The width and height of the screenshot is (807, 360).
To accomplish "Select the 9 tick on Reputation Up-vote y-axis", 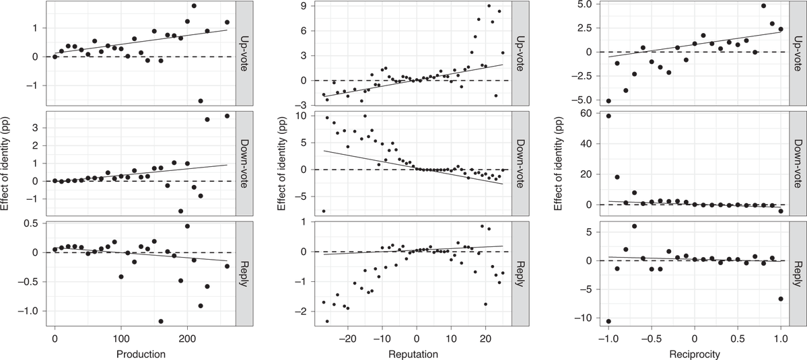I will point(304,6).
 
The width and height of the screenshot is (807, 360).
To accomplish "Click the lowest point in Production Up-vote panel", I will point(201,101).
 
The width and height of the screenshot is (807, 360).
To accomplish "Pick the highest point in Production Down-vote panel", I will point(227,116).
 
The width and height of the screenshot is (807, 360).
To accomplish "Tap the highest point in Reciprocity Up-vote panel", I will point(763,6).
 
